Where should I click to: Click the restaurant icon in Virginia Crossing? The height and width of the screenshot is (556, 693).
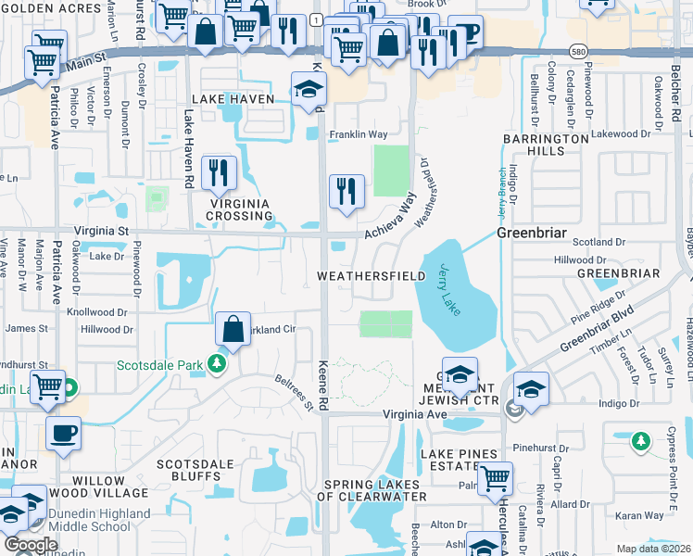(x=218, y=171)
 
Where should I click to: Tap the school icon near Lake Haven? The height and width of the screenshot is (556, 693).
(x=309, y=89)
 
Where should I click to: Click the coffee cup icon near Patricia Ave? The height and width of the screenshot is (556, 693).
(x=63, y=434)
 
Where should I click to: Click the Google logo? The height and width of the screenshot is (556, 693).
(x=31, y=545)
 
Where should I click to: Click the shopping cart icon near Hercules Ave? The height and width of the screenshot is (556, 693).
(x=496, y=478)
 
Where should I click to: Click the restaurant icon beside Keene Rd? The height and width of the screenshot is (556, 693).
(x=346, y=192)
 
